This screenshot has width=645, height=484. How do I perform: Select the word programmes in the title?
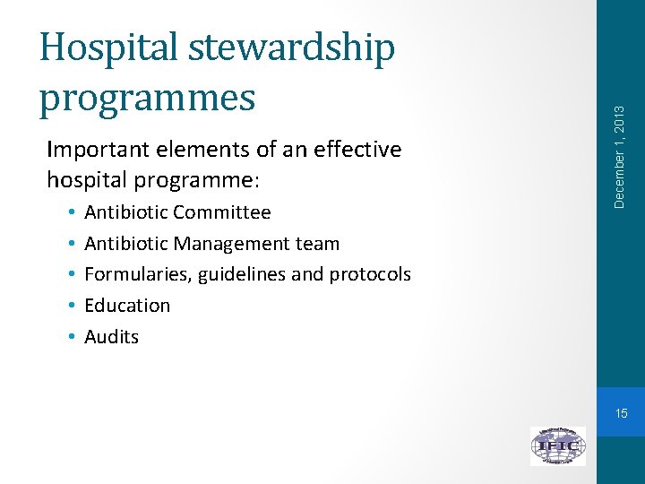click(147, 98)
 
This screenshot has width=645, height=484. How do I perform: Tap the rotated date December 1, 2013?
click(619, 156)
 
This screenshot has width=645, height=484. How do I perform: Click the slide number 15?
click(621, 413)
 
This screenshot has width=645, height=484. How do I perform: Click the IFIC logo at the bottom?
click(557, 445)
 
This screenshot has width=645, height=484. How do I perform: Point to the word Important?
click(97, 150)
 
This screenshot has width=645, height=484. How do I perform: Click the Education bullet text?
click(127, 306)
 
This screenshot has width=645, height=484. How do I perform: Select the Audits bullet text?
click(111, 337)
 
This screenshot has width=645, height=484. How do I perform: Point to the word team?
click(320, 244)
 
